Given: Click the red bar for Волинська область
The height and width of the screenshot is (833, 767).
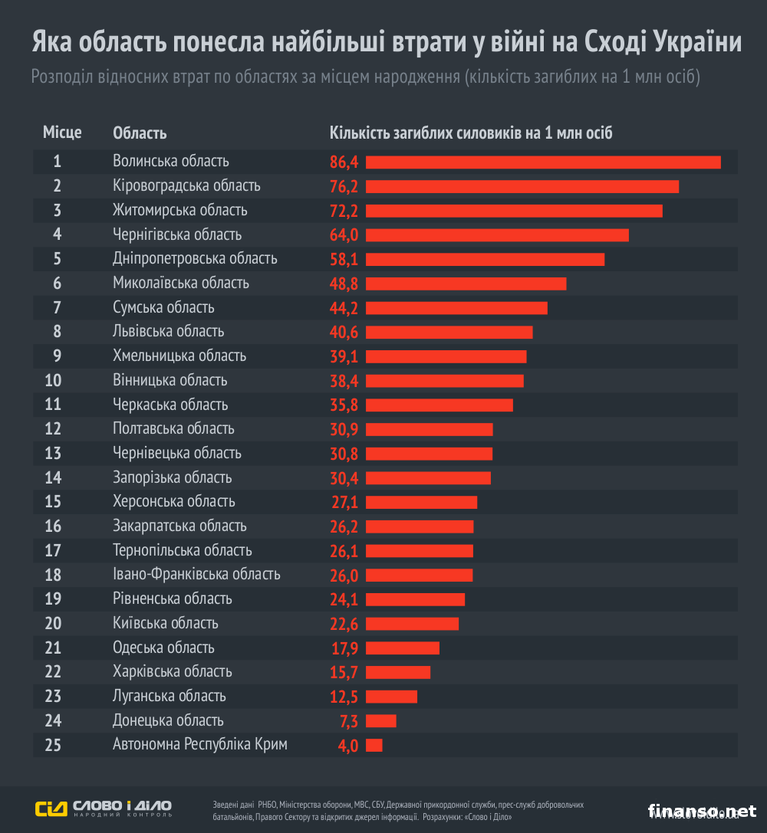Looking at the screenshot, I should point(543,162).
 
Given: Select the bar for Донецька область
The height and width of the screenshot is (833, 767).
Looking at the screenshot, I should point(381,720).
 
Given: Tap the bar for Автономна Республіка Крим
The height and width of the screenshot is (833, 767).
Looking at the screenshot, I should point(374,745).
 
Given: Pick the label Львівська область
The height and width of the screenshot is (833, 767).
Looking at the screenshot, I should point(168,331).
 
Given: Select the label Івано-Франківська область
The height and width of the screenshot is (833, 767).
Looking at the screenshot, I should point(196,574).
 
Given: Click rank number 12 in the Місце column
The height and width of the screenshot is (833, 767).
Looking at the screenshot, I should point(53,428).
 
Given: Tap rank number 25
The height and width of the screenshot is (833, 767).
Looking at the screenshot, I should point(53,744).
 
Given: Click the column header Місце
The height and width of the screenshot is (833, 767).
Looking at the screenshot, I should point(62,133).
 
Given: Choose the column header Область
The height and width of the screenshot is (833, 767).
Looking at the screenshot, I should point(140,133).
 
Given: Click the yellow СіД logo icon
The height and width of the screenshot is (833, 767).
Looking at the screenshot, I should point(51,808).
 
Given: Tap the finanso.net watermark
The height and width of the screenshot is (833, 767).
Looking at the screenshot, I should point(702,810).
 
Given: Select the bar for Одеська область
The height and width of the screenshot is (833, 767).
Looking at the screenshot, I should point(403,648).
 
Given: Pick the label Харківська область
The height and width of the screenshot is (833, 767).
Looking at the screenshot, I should point(172,671).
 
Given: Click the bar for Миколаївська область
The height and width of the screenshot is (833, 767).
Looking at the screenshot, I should point(466,284).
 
